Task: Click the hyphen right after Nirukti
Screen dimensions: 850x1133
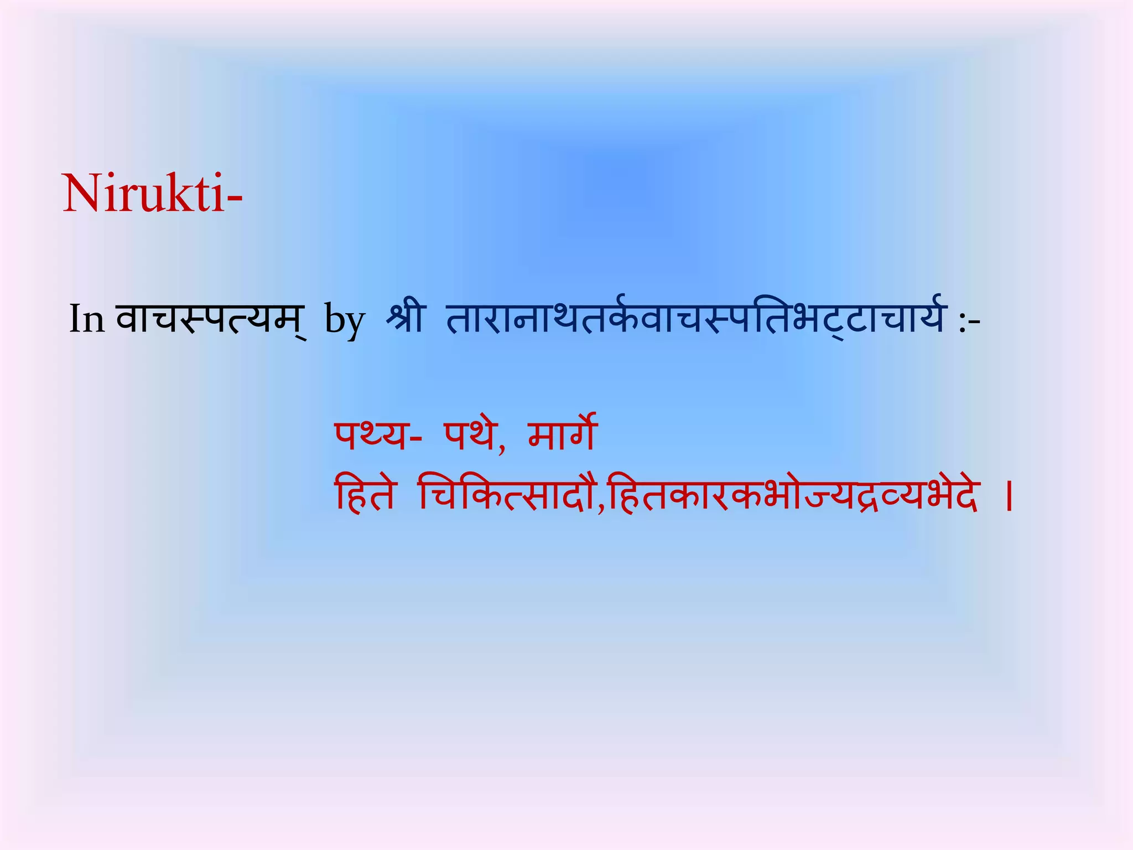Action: pyautogui.click(x=234, y=200)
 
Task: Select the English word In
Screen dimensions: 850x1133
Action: pyautogui.click(x=87, y=319)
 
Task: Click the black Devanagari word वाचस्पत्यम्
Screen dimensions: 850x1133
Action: pyautogui.click(x=210, y=319)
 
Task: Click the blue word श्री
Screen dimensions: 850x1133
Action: pyautogui.click(x=406, y=318)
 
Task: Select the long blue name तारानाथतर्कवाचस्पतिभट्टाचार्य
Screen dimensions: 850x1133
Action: pyautogui.click(x=695, y=318)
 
